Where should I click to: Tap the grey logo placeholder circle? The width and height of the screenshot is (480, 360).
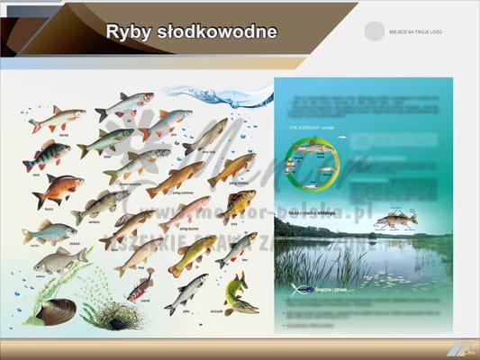(x=374, y=31)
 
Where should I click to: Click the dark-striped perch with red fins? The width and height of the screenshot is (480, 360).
(x=46, y=156)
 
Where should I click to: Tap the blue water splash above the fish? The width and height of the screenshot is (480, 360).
(x=220, y=94)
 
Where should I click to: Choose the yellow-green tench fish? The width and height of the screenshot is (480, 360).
(x=192, y=254)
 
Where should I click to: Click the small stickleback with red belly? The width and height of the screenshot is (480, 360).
(x=140, y=288)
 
